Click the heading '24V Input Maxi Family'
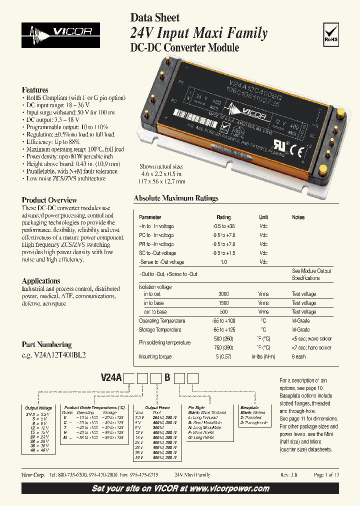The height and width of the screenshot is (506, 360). (x=198, y=33)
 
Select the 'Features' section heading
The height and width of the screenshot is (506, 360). (x=35, y=90)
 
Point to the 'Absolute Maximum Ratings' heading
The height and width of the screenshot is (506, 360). (x=176, y=198)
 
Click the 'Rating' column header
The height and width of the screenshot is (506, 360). (x=223, y=217)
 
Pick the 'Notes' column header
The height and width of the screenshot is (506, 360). (x=298, y=217)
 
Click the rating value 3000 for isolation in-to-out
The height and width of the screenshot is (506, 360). (x=223, y=294)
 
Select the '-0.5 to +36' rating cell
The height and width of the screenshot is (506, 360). (x=223, y=226)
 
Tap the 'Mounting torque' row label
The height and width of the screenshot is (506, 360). (x=155, y=357)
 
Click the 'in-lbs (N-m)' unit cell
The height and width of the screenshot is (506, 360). (x=263, y=357)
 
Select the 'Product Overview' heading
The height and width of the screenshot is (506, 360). (x=49, y=200)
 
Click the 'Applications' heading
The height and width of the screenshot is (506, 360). (x=41, y=281)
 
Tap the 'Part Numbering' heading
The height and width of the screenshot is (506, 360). (x=46, y=345)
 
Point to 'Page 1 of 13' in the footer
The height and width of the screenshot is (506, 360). (x=326, y=475)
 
